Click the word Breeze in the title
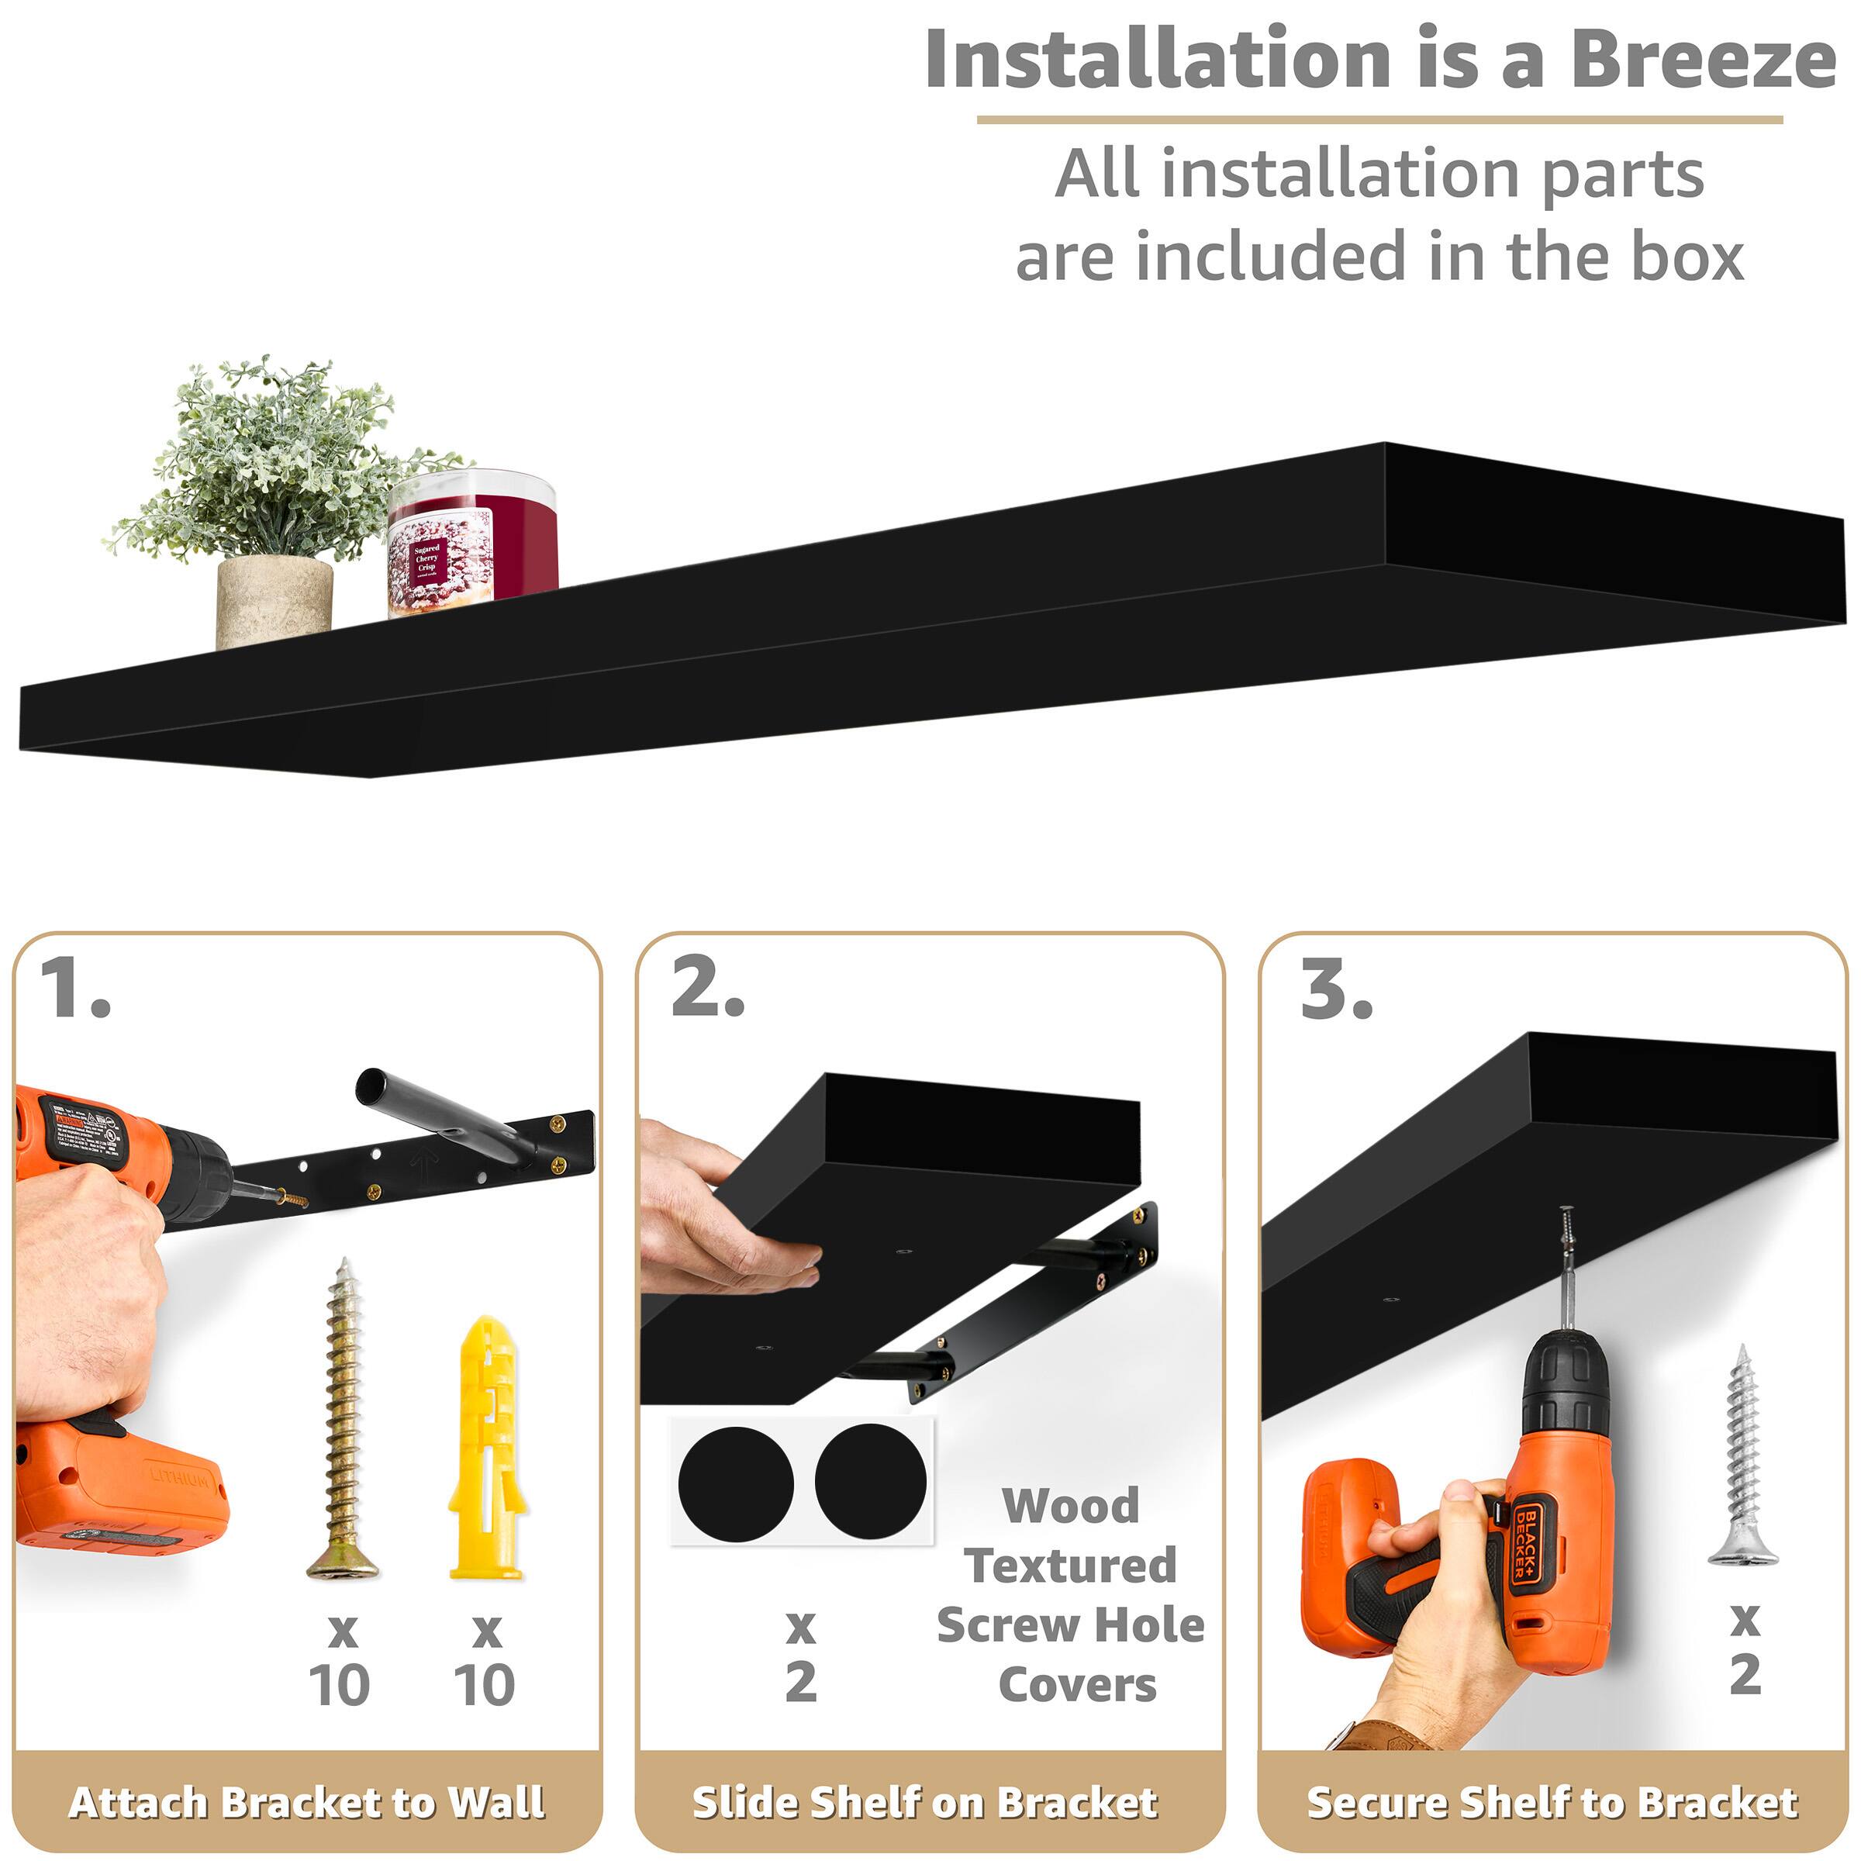1702,60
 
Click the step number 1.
75,989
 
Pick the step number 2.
708,989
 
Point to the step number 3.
1336,989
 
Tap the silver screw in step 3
1742,1455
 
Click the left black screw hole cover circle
736,1483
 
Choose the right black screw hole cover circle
871,1480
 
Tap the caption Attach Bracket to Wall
306,1801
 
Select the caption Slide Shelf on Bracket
925,1801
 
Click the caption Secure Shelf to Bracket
1552,1801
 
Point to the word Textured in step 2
1070,1566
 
